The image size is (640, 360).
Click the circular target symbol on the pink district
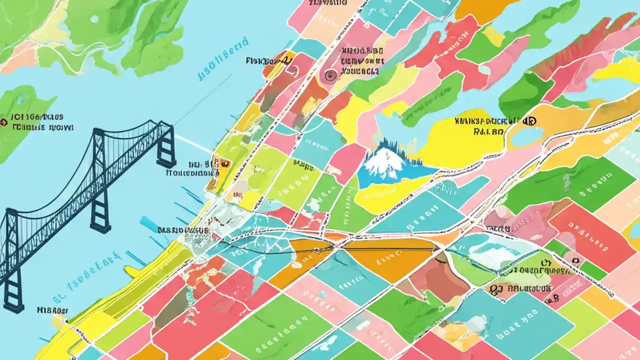(x=328, y=75)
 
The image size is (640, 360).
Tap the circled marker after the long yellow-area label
(x=529, y=120)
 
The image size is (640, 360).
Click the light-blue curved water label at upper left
(x=223, y=58)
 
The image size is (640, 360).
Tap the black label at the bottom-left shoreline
(x=52, y=310)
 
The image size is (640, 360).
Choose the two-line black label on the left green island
(x=42, y=122)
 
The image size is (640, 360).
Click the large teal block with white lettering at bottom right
(x=520, y=320)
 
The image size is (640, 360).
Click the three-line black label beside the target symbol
(x=359, y=61)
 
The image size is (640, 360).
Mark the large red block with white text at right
(x=590, y=235)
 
